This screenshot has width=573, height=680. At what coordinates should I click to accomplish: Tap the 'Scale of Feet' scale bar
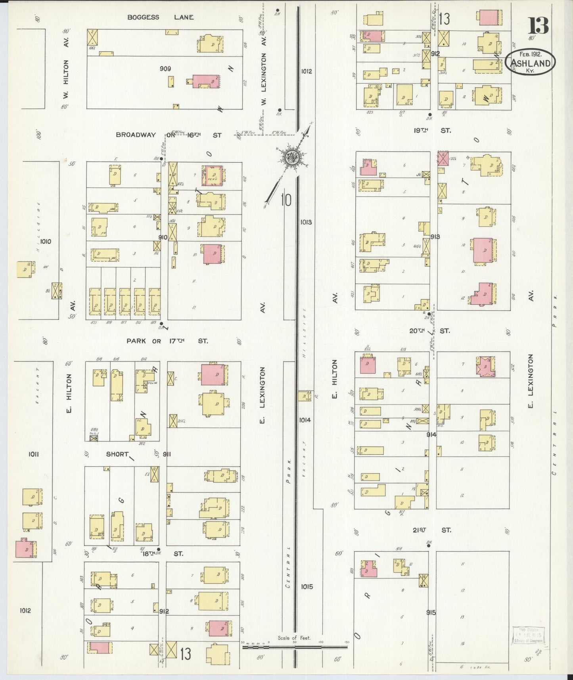294,646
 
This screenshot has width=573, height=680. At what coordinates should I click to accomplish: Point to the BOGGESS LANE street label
160,17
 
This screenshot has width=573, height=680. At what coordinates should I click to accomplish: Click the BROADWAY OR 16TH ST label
169,135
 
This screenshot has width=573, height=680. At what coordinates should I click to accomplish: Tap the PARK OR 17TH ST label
167,341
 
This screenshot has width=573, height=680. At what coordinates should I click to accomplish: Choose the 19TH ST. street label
432,130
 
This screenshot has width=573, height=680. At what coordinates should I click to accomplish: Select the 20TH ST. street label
430,330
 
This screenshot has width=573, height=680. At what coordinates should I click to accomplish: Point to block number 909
165,69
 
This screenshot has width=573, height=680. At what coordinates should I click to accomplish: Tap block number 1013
306,222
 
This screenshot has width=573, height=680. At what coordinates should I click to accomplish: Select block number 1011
33,454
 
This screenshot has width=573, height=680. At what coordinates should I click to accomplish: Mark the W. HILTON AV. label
66,68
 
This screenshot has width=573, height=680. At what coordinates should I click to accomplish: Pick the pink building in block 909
206,81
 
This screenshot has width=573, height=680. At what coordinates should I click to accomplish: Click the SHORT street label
117,454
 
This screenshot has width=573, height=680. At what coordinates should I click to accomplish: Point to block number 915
431,612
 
